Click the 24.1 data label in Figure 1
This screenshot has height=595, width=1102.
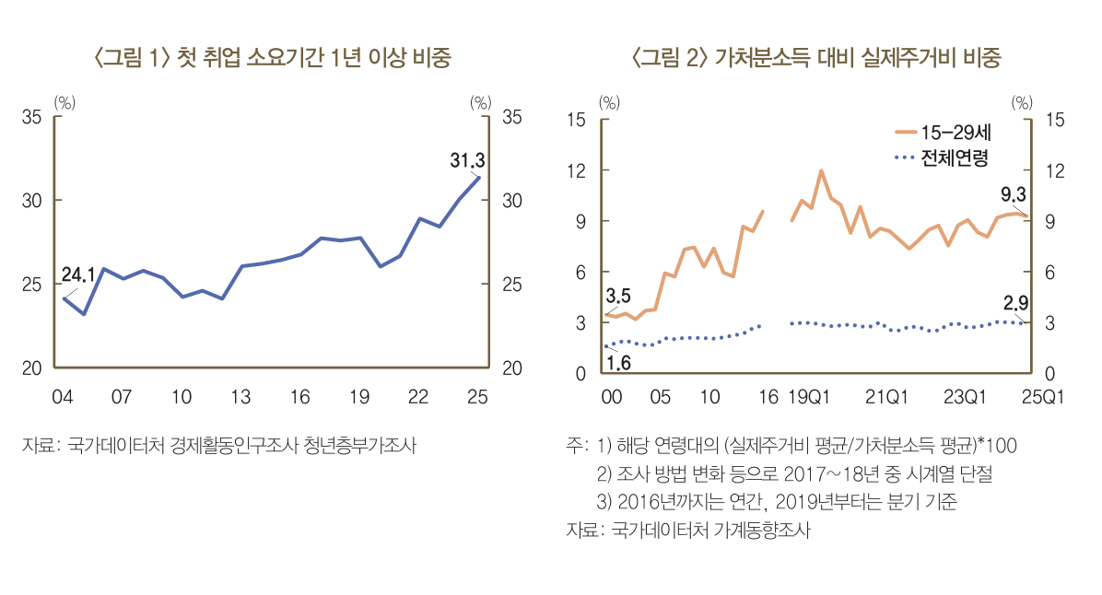pyautogui.click(x=78, y=274)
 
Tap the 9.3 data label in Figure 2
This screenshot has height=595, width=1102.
pyautogui.click(x=1014, y=194)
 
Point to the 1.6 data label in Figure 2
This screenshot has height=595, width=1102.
pyautogui.click(x=618, y=363)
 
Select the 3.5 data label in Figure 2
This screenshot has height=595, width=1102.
pyautogui.click(x=618, y=297)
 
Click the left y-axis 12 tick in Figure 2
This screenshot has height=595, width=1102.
pyautogui.click(x=578, y=170)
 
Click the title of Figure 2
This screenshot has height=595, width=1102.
pyautogui.click(x=815, y=60)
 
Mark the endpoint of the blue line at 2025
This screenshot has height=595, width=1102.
pyautogui.click(x=479, y=177)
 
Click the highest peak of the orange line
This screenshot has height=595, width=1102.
pyautogui.click(x=821, y=170)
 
